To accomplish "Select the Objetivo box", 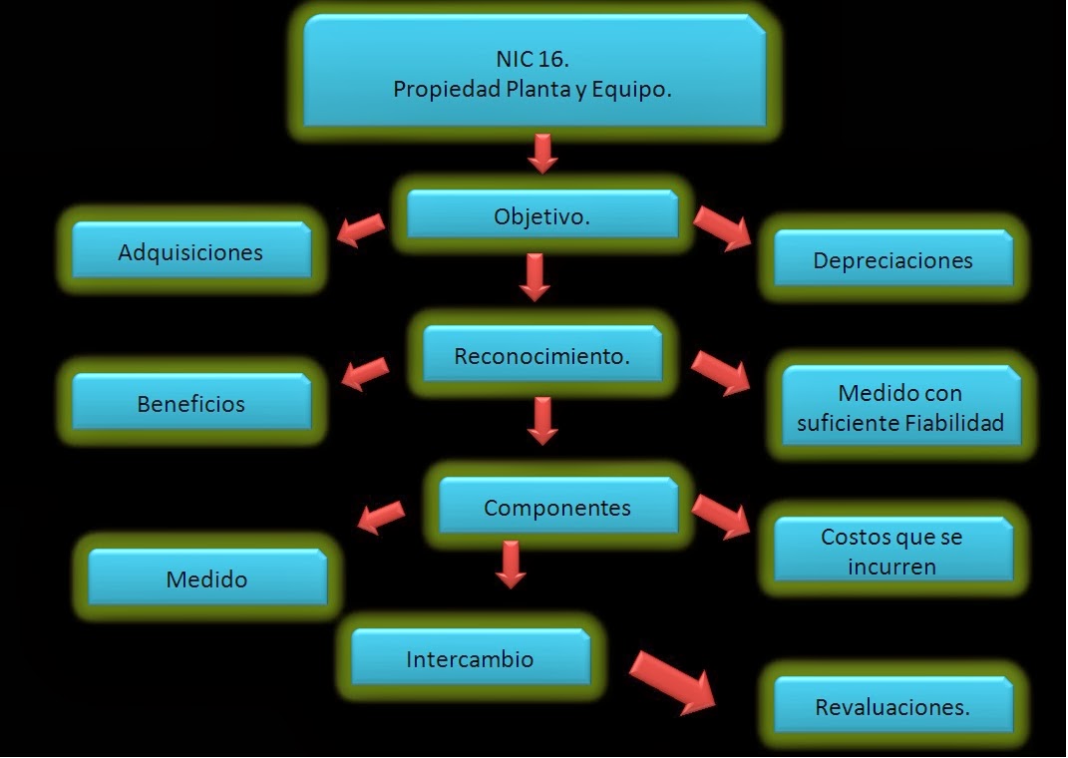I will [x=541, y=215].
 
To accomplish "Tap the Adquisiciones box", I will [x=190, y=251].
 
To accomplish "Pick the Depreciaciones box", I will [x=892, y=259].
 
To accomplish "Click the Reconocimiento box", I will [x=541, y=355].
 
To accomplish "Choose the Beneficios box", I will [x=190, y=403].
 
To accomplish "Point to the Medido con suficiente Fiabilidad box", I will [x=899, y=407].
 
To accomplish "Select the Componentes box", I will [x=557, y=507].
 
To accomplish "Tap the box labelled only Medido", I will [x=206, y=578].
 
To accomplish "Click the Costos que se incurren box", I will [x=891, y=551].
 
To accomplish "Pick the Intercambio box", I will [x=470, y=658].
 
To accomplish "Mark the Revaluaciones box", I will [x=891, y=707].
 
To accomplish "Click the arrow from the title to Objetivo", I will [x=541, y=153].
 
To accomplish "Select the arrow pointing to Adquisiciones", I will [x=360, y=228].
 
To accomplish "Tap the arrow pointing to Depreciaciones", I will [x=722, y=228].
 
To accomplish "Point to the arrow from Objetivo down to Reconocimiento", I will [x=535, y=277].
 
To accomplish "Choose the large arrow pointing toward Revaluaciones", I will [x=674, y=681].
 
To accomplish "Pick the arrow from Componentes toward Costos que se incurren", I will [x=721, y=515].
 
